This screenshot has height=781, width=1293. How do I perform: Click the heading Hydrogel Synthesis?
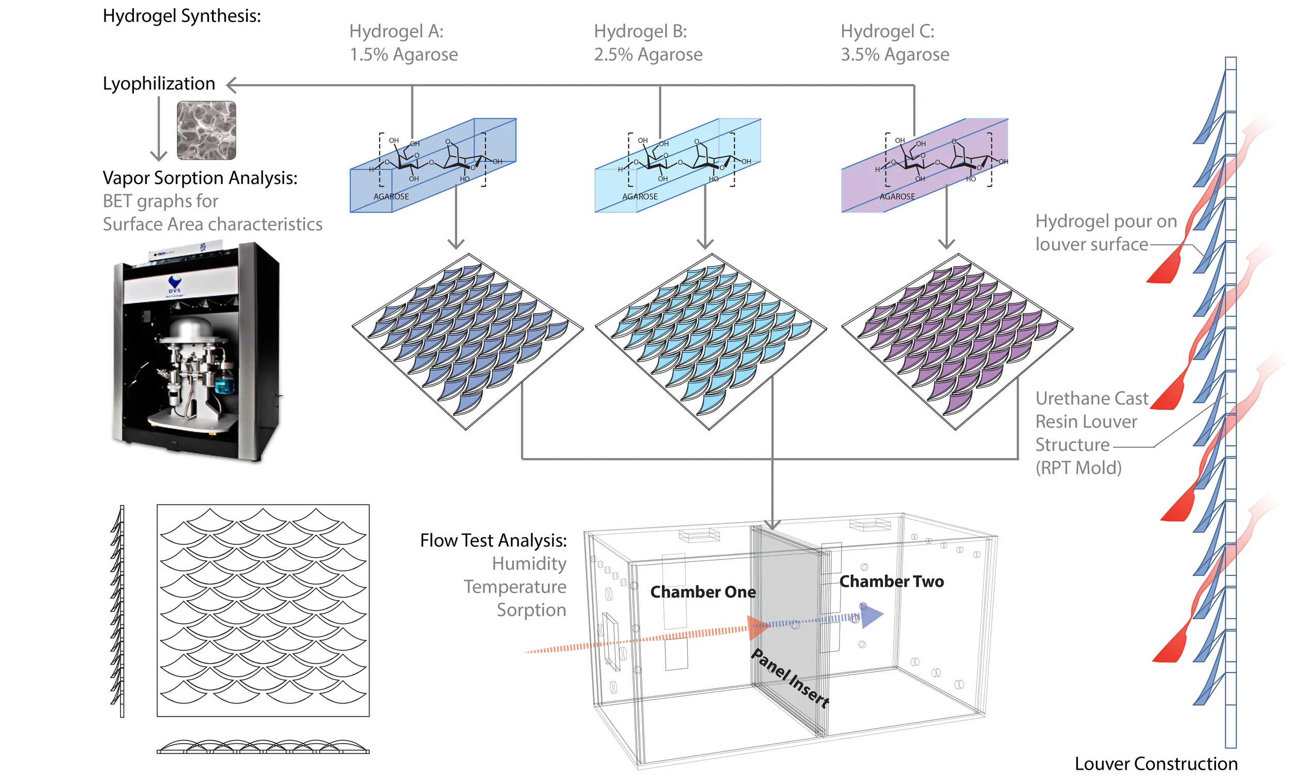(182, 16)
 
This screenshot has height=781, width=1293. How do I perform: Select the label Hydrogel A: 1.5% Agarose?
(403, 43)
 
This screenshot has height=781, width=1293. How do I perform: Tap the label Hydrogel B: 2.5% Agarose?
(648, 43)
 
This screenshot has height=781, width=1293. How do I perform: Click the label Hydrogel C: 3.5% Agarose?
(894, 43)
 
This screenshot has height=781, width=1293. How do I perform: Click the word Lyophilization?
(158, 83)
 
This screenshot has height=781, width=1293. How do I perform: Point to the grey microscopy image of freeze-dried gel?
(206, 131)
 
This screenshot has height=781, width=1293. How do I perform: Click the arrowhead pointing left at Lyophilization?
(231, 85)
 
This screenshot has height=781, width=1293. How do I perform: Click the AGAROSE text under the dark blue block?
(391, 197)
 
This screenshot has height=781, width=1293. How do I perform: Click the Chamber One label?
(703, 592)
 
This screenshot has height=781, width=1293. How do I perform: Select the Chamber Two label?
(891, 581)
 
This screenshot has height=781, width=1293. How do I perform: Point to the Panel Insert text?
(790, 678)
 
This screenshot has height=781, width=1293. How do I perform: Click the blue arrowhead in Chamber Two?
(871, 616)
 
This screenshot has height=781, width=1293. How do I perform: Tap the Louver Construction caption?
(1155, 764)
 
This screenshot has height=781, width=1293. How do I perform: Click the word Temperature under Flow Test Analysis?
(515, 587)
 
